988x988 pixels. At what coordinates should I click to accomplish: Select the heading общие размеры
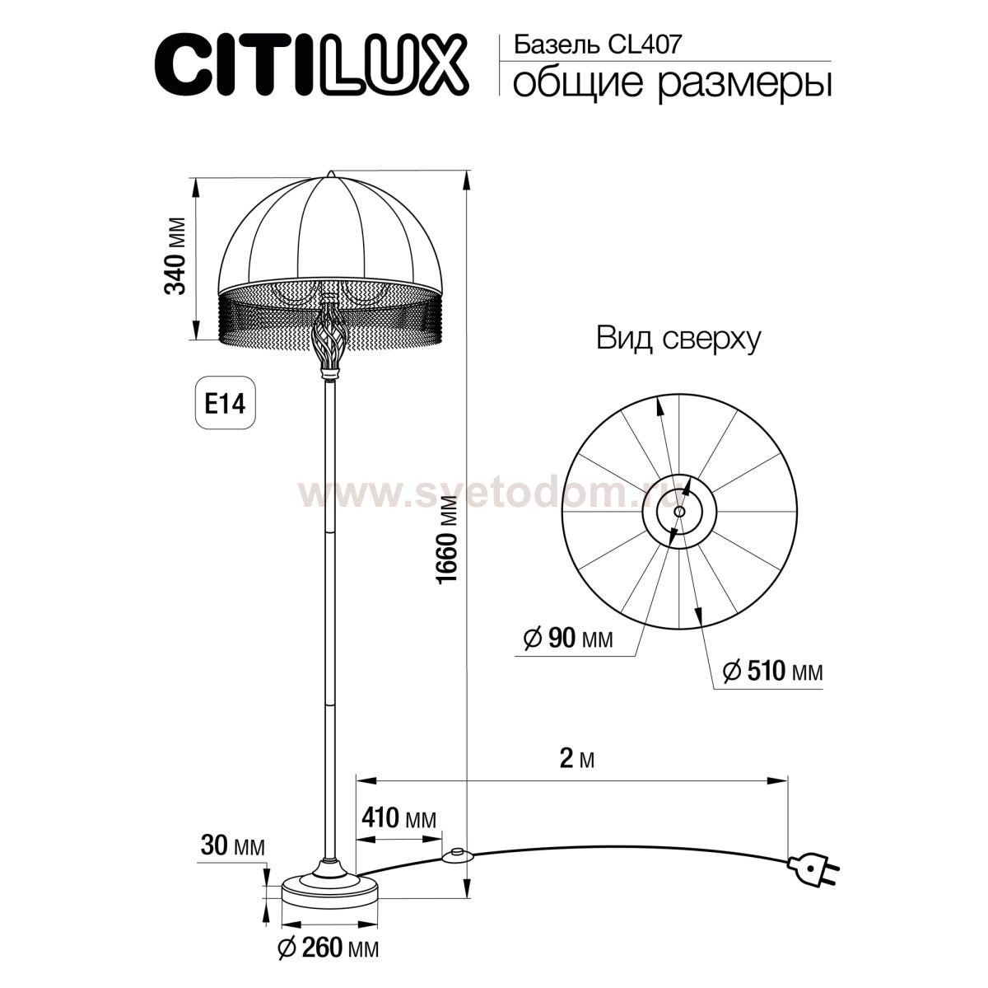(670, 84)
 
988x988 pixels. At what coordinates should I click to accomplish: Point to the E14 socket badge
(225, 405)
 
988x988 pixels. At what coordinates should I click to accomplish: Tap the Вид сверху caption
(678, 339)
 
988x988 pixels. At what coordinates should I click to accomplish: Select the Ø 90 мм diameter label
(568, 638)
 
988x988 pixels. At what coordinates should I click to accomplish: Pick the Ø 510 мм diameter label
(771, 672)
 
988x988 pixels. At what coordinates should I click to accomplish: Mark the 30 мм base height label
(232, 846)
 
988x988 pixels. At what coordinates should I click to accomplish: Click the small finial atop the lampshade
(331, 174)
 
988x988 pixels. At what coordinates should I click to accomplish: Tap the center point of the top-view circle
(678, 512)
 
